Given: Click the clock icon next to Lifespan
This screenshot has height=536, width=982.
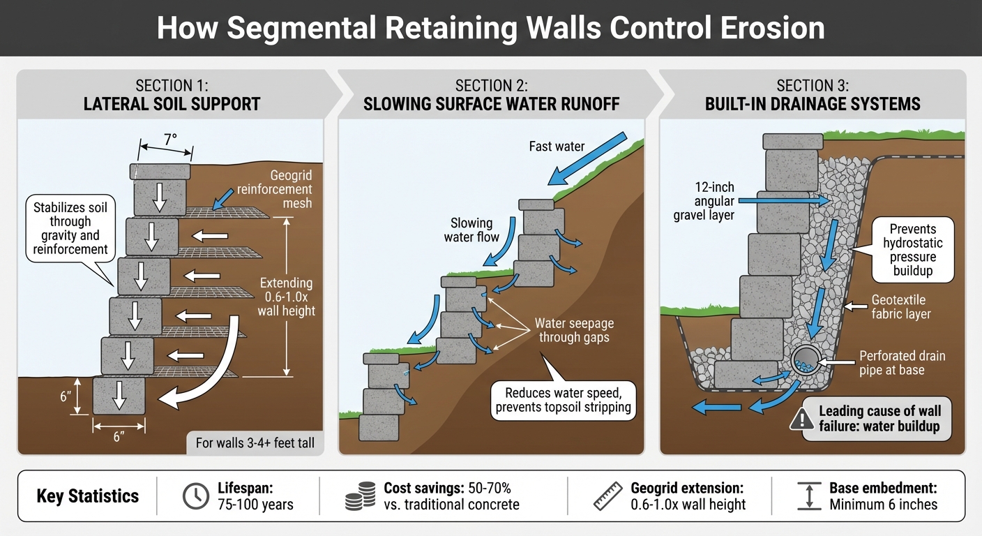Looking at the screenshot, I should (196, 496).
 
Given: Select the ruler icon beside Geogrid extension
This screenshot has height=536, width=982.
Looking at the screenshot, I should (607, 496).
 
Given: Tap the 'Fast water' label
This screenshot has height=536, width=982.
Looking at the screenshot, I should (556, 147).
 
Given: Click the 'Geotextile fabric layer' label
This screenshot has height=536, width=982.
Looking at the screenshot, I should (901, 307).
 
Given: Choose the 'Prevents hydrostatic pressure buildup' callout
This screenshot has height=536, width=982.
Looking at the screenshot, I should (912, 250).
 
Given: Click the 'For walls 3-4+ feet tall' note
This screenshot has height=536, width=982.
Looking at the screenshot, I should (255, 443).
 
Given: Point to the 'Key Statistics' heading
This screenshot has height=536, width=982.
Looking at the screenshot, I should (88, 496).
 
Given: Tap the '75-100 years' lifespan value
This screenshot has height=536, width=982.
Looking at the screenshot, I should (255, 504).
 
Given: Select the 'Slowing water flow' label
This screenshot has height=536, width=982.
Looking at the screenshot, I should (471, 230).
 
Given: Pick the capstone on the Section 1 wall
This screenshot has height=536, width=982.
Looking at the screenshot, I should (160, 171).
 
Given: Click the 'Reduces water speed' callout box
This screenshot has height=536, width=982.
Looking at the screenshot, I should (563, 401).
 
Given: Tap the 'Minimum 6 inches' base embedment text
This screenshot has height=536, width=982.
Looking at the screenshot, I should (883, 504).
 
